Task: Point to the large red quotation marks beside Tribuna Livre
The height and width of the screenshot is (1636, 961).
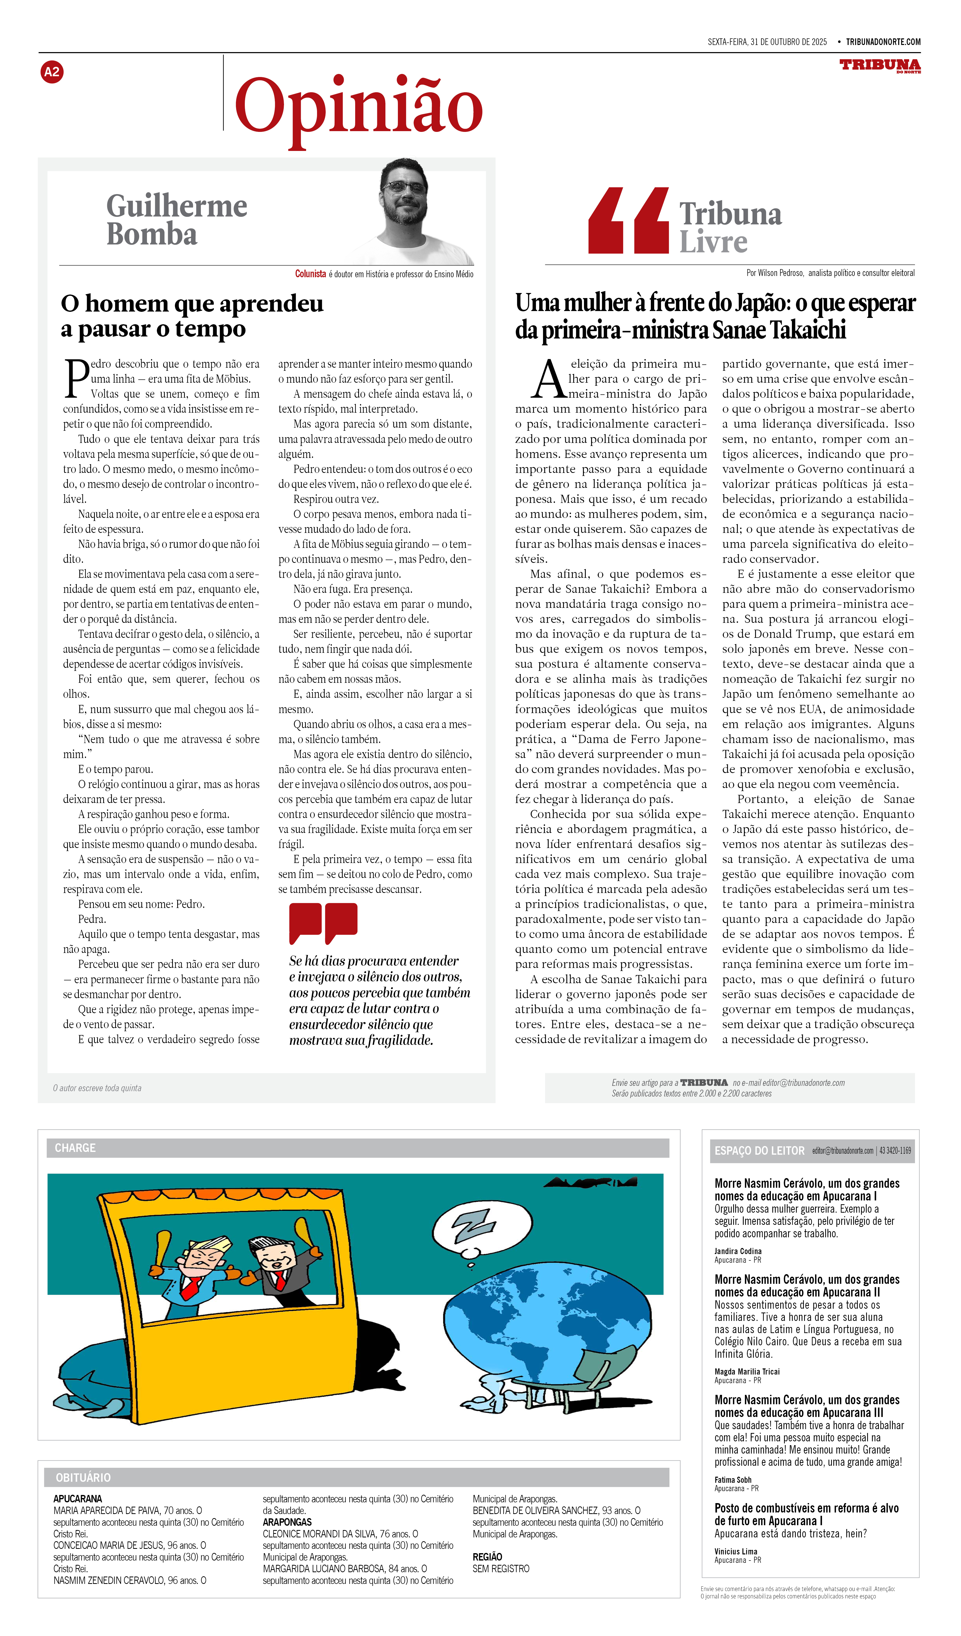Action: click(628, 221)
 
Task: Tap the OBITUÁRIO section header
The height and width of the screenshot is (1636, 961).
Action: click(83, 1478)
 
